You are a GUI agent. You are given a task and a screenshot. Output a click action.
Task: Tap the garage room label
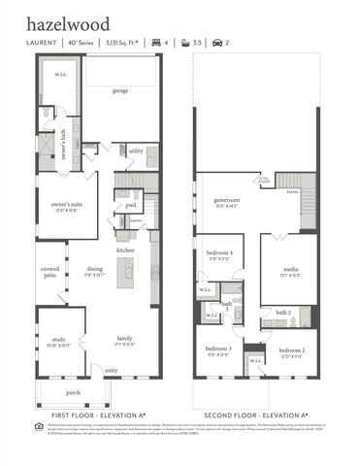[x=119, y=90]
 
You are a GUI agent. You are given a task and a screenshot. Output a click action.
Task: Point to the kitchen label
[x=125, y=250]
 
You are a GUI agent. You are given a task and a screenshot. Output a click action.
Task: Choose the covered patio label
[x=49, y=271]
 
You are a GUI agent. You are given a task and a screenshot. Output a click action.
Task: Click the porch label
[x=73, y=392]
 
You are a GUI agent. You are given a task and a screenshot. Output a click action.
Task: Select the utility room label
[x=136, y=151]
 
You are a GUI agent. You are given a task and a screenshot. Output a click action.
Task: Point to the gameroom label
[x=227, y=201]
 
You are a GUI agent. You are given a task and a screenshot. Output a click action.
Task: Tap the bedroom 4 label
[x=218, y=255]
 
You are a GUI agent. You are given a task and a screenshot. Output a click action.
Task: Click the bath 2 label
[x=283, y=313]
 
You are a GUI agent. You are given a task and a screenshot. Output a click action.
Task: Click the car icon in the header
[x=217, y=44]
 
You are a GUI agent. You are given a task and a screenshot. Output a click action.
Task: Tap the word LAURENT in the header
[x=40, y=44]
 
